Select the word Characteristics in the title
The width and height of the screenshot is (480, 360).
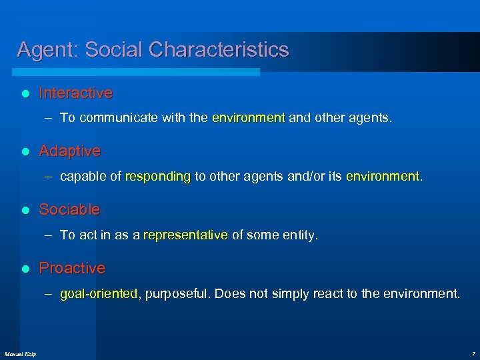point(219,50)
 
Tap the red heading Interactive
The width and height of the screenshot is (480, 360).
point(75,93)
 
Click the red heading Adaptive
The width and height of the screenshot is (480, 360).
point(69,151)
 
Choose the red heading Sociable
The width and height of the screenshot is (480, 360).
point(69,209)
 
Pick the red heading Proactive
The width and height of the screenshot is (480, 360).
point(72,268)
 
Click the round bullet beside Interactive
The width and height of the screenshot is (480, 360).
point(25,93)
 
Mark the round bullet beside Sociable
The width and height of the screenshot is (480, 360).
point(25,210)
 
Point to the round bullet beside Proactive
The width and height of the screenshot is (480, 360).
point(25,269)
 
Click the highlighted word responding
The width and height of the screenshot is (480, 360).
point(157,177)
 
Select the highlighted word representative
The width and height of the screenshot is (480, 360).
point(185,235)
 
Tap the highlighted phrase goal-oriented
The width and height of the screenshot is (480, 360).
point(99,293)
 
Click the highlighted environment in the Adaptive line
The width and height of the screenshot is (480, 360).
point(382,177)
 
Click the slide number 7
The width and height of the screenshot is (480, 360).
point(473,353)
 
